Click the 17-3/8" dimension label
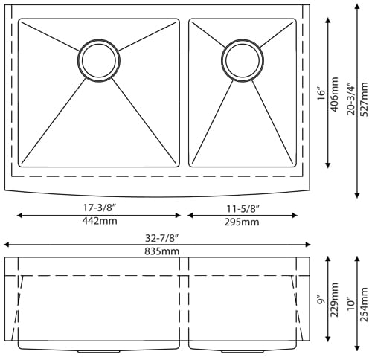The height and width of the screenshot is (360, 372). click(x=100, y=208)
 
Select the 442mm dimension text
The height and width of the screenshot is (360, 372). click(x=100, y=221)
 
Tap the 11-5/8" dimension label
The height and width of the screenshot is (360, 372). click(x=243, y=209)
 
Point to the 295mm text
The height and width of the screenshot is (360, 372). click(x=242, y=222)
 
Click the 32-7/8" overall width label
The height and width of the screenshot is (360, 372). click(x=161, y=238)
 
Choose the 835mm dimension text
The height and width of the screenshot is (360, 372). click(x=161, y=251)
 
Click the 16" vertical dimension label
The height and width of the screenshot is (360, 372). click(x=321, y=94)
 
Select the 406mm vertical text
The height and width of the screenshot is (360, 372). click(x=335, y=94)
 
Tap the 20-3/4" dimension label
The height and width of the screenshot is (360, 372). click(x=351, y=99)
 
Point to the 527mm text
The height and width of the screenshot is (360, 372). click(x=365, y=99)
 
